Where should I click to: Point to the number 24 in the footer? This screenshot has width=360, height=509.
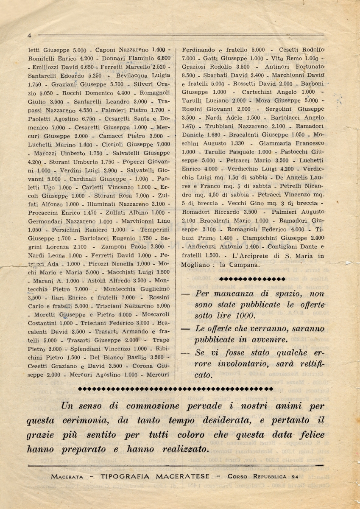click(x=295, y=476)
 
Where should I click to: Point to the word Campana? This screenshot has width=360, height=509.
click(x=254, y=265)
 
